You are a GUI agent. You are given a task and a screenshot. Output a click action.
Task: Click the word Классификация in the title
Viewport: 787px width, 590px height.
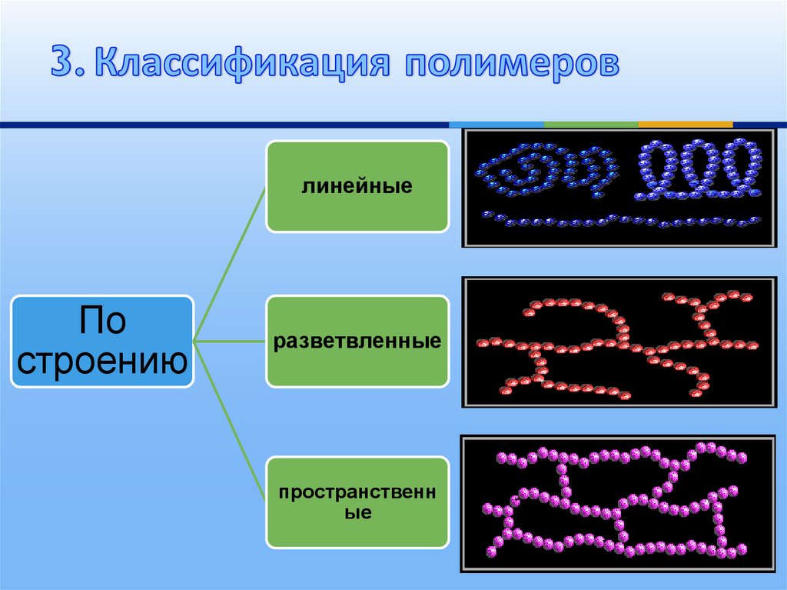click(x=242, y=63)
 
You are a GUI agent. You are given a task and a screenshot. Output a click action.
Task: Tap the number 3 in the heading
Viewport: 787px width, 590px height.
click(x=65, y=62)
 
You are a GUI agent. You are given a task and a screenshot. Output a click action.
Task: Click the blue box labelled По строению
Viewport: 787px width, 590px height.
click(x=102, y=342)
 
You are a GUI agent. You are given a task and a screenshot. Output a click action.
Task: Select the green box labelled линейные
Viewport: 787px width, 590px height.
click(x=357, y=186)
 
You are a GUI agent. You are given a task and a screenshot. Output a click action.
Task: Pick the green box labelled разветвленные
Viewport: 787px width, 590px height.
click(x=357, y=342)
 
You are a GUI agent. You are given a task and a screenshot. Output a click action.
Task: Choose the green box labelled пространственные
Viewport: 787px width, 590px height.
click(x=357, y=502)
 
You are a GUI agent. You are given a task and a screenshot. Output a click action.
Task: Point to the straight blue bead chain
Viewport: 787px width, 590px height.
click(x=621, y=221)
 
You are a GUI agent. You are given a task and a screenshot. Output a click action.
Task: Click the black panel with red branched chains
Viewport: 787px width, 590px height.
click(x=619, y=342)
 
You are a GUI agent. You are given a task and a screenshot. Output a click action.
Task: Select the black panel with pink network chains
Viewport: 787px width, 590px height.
click(x=619, y=504)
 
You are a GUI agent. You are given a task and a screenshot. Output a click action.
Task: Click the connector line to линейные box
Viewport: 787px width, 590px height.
click(x=229, y=264)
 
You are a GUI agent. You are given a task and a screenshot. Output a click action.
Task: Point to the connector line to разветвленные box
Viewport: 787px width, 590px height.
click(x=229, y=342)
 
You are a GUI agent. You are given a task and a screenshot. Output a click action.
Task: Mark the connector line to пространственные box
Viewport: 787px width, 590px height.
click(x=229, y=422)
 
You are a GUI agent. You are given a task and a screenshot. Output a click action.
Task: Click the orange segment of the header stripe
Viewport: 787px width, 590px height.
click(x=685, y=124)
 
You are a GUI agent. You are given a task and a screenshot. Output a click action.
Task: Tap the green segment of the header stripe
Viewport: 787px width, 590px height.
click(x=591, y=124)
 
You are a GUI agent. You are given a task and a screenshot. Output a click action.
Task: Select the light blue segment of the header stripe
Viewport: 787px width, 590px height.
click(x=496, y=124)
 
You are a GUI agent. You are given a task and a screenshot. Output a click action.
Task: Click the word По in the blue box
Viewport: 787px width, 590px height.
click(x=102, y=320)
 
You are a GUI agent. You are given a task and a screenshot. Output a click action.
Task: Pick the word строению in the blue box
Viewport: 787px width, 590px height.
click(x=102, y=362)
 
